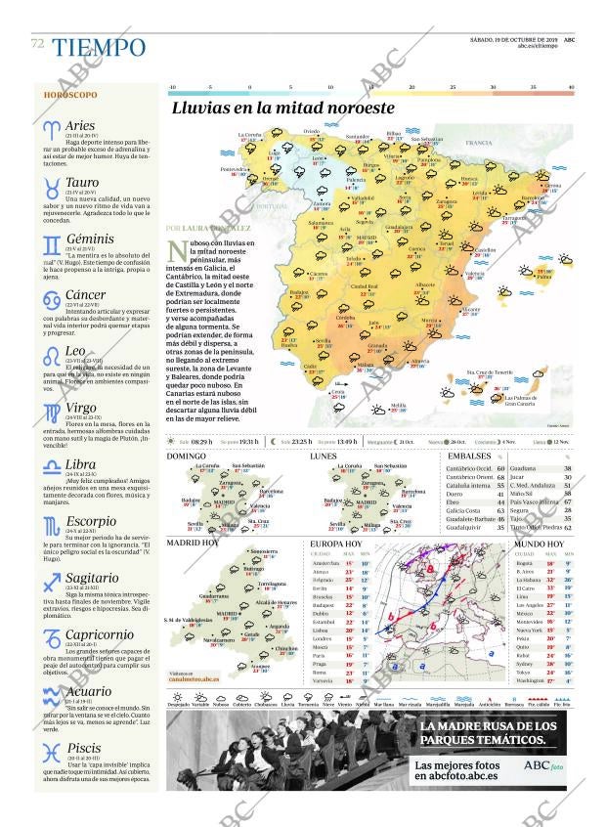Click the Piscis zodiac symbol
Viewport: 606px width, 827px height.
tap(51, 752)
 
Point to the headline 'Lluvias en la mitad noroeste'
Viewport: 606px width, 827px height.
tap(282, 109)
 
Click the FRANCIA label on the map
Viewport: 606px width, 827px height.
tap(479, 143)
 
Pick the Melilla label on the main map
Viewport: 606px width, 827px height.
tap(398, 405)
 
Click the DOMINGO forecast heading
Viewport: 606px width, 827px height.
tap(186, 457)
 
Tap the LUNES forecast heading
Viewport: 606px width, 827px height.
tap(324, 457)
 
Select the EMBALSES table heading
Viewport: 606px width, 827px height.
tap(469, 457)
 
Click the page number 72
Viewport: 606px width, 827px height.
tap(37, 44)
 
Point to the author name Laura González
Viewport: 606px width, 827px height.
tap(222, 228)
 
